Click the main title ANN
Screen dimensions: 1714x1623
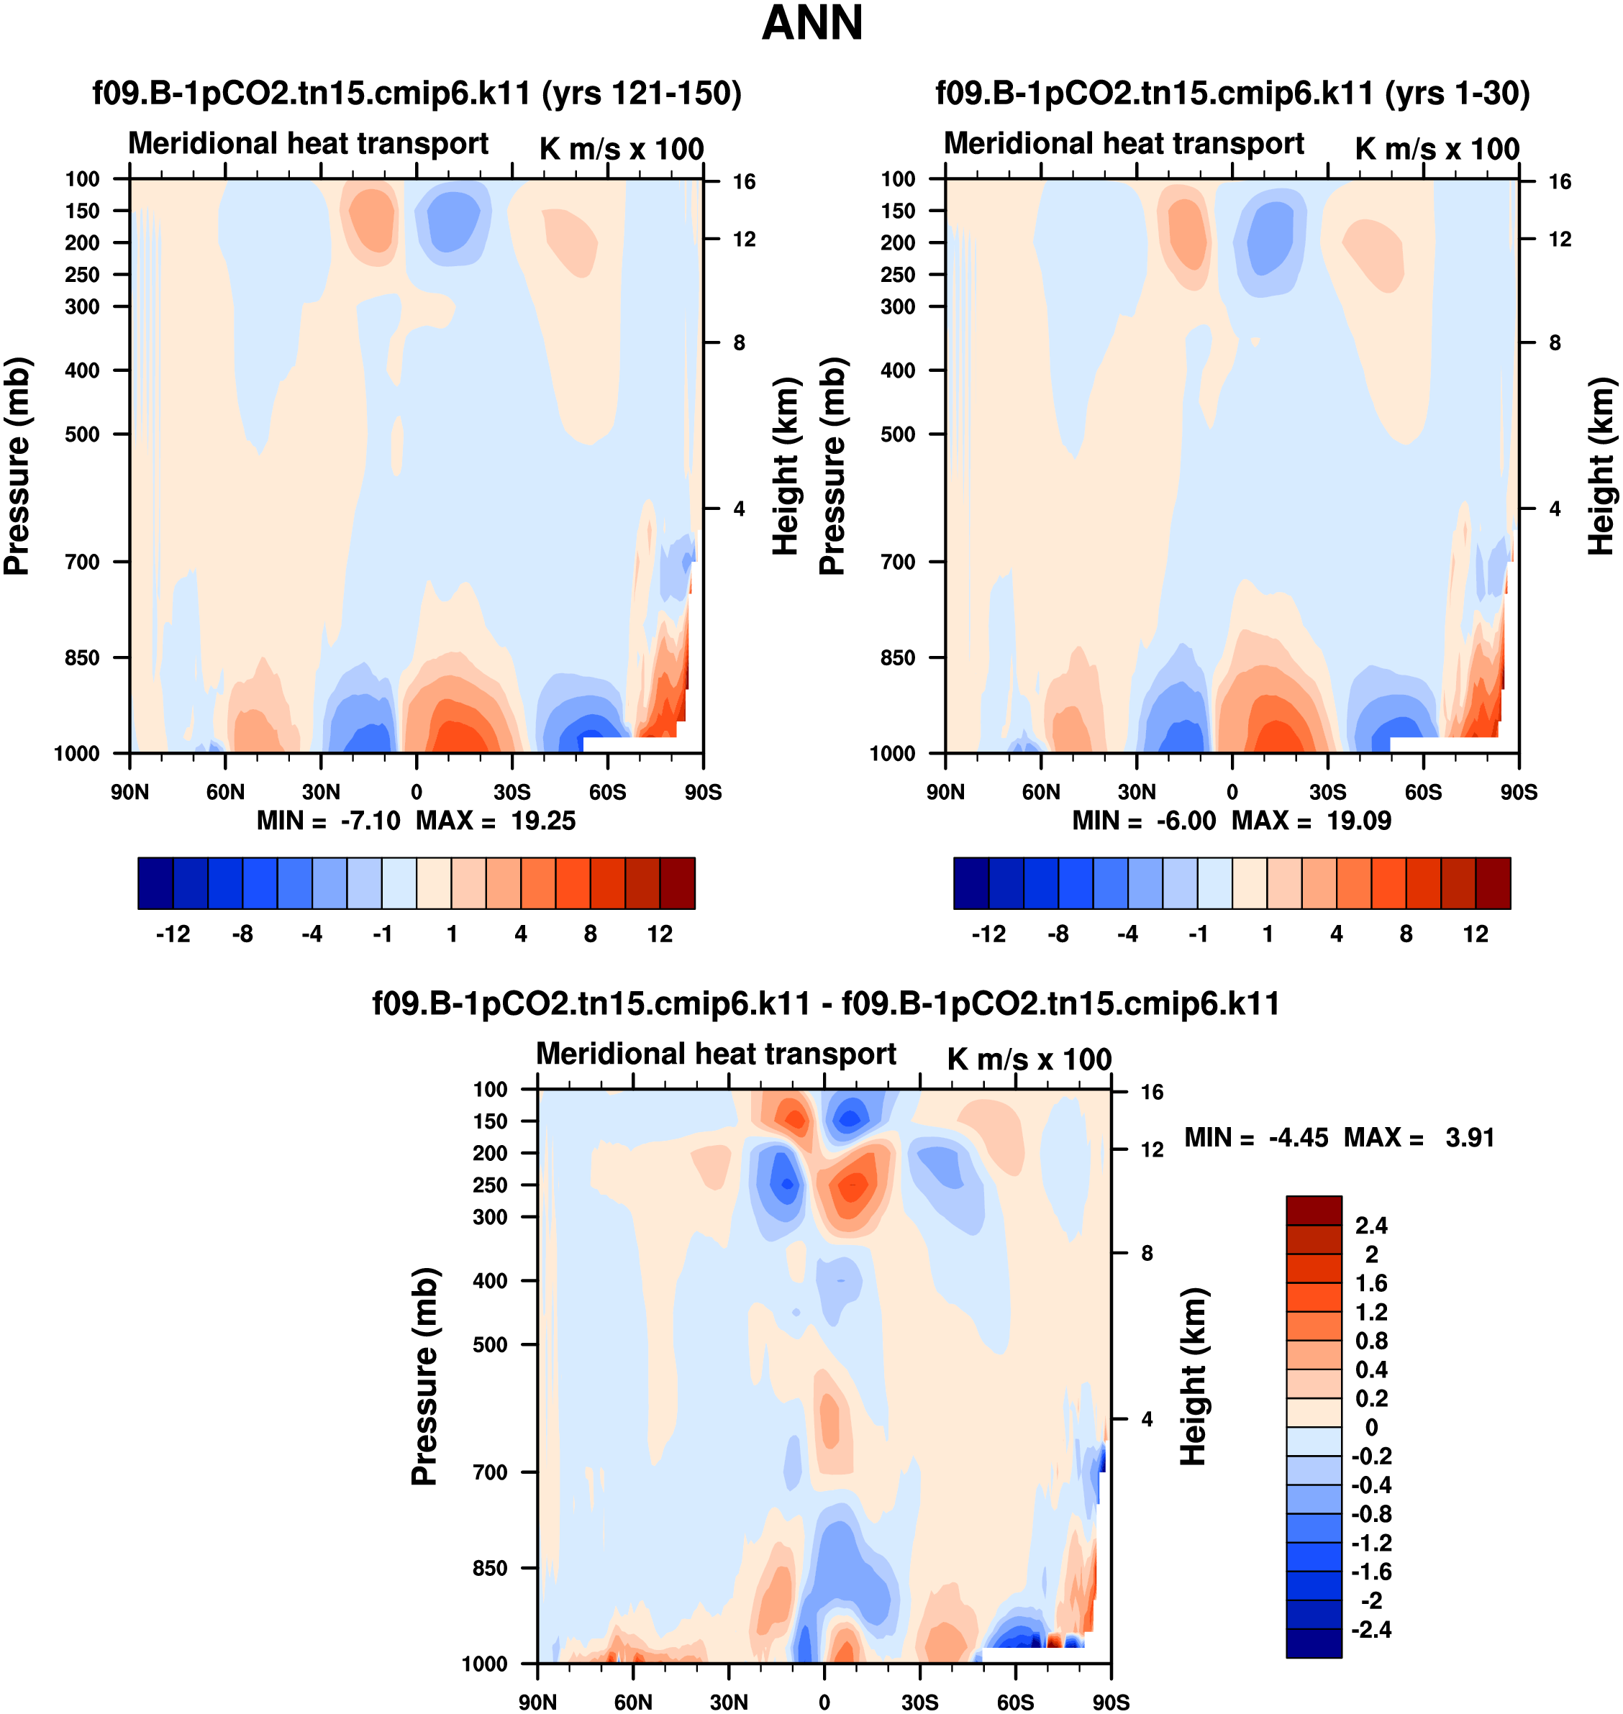(x=811, y=23)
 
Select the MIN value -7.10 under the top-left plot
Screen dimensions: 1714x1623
(x=370, y=821)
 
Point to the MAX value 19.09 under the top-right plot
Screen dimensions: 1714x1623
(x=1359, y=821)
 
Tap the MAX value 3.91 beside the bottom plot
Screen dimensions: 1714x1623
(x=1470, y=1137)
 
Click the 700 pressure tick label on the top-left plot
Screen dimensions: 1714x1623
(x=82, y=562)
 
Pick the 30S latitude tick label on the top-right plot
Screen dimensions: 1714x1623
(x=1327, y=792)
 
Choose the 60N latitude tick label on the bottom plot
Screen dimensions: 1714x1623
(x=633, y=1702)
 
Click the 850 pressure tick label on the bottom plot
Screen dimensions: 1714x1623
(x=490, y=1568)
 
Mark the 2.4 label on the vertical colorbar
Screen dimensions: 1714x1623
(x=1371, y=1226)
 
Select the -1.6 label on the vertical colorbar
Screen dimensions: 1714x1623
(x=1371, y=1572)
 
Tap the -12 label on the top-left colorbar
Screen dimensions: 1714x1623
(x=173, y=934)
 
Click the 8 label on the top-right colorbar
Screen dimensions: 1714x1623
(x=1406, y=934)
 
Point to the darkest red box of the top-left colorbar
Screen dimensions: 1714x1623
(x=678, y=883)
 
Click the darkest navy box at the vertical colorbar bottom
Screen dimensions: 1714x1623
(x=1313, y=1643)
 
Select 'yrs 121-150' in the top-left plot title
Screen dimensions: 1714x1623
(x=641, y=93)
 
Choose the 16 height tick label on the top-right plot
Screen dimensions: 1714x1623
(x=1560, y=181)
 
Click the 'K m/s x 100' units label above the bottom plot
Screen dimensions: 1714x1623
(x=1029, y=1059)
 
